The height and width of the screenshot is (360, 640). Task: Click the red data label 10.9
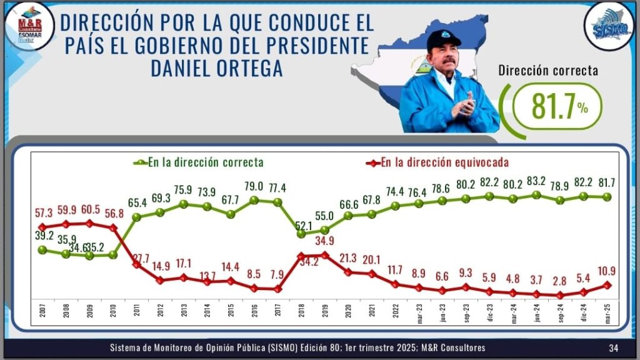pyautogui.click(x=607, y=271)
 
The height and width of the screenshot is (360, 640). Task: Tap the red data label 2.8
pyautogui.click(x=560, y=281)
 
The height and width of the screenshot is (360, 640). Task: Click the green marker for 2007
pyautogui.click(x=42, y=249)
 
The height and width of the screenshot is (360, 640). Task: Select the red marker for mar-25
pyautogui.click(x=607, y=285)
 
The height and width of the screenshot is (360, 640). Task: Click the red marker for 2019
pyautogui.click(x=325, y=255)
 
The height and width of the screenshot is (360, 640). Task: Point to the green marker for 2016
pyautogui.click(x=254, y=201)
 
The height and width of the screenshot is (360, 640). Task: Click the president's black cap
pyautogui.click(x=444, y=39)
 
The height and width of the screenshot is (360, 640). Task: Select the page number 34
pyautogui.click(x=614, y=347)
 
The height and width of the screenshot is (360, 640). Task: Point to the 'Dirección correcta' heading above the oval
pyautogui.click(x=547, y=70)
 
